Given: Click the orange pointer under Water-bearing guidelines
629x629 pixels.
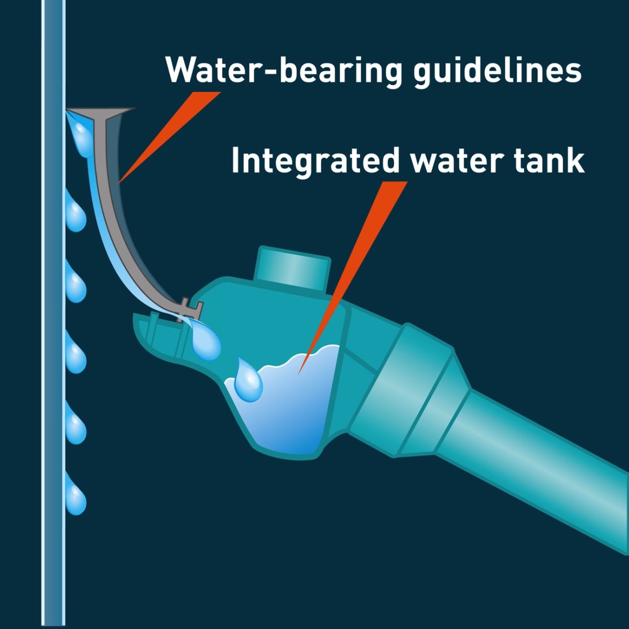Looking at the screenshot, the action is point(169,137).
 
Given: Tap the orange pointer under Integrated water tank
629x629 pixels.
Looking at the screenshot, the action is point(353,278).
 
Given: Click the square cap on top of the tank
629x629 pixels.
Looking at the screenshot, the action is point(293,268).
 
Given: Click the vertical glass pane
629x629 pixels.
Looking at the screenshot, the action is point(53,314).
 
